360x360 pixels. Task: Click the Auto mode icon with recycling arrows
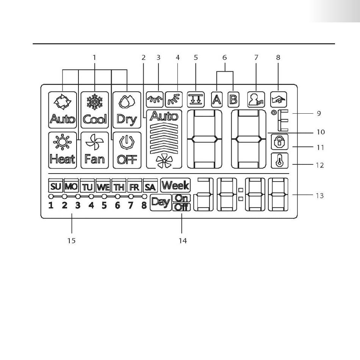point(63,110)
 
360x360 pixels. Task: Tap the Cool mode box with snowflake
point(95,110)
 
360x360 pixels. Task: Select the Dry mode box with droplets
point(127,110)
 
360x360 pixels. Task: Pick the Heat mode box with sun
point(63,150)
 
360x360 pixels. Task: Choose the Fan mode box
point(95,150)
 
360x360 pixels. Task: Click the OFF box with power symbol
point(127,150)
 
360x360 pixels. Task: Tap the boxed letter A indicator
point(216,99)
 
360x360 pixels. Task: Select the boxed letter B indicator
point(233,99)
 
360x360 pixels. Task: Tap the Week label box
point(175,185)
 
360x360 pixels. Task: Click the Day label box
point(161,202)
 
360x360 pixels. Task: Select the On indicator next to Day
point(182,198)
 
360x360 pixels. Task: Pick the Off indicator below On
point(182,207)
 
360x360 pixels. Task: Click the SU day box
point(56,186)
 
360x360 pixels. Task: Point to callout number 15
point(71,241)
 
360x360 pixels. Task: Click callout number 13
point(319,196)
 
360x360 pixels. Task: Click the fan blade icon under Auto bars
point(164,162)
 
